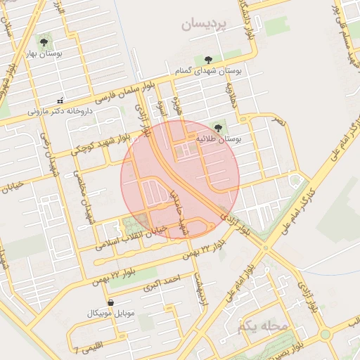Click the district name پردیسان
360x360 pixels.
point(205,25)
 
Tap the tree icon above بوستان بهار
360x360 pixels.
point(46,40)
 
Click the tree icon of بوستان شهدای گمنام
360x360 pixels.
point(207,60)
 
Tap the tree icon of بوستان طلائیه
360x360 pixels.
point(218,127)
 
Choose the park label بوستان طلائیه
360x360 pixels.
point(219,140)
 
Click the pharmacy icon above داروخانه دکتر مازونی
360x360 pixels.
point(60,99)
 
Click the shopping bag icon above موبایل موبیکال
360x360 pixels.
point(110,302)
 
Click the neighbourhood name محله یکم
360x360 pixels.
point(264,326)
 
